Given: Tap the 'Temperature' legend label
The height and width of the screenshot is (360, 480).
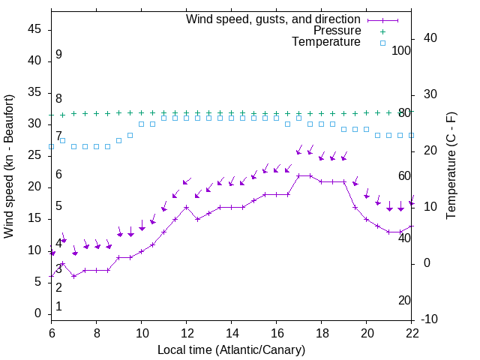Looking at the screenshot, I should [x=326, y=42].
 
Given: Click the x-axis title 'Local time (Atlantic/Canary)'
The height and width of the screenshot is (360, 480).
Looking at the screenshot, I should [x=232, y=349].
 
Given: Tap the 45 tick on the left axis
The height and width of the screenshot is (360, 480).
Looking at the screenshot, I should [x=34, y=29].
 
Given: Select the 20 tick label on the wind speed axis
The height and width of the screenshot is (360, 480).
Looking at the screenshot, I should [x=34, y=187].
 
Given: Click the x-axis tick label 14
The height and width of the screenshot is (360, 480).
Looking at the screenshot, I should [x=232, y=332].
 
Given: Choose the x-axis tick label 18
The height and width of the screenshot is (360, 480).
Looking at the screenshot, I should [x=322, y=332].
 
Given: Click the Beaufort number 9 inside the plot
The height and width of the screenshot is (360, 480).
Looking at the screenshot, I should [x=58, y=55].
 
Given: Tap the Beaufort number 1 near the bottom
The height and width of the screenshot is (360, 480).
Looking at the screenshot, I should [x=58, y=307].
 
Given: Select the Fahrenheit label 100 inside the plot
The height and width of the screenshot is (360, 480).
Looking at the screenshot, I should [x=402, y=50].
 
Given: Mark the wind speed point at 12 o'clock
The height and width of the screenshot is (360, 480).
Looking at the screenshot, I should [x=187, y=206].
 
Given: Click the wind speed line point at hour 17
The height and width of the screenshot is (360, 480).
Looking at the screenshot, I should [x=299, y=175].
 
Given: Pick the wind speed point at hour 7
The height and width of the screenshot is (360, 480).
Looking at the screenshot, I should [x=74, y=276].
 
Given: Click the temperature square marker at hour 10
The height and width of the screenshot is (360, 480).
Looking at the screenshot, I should [x=142, y=124].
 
